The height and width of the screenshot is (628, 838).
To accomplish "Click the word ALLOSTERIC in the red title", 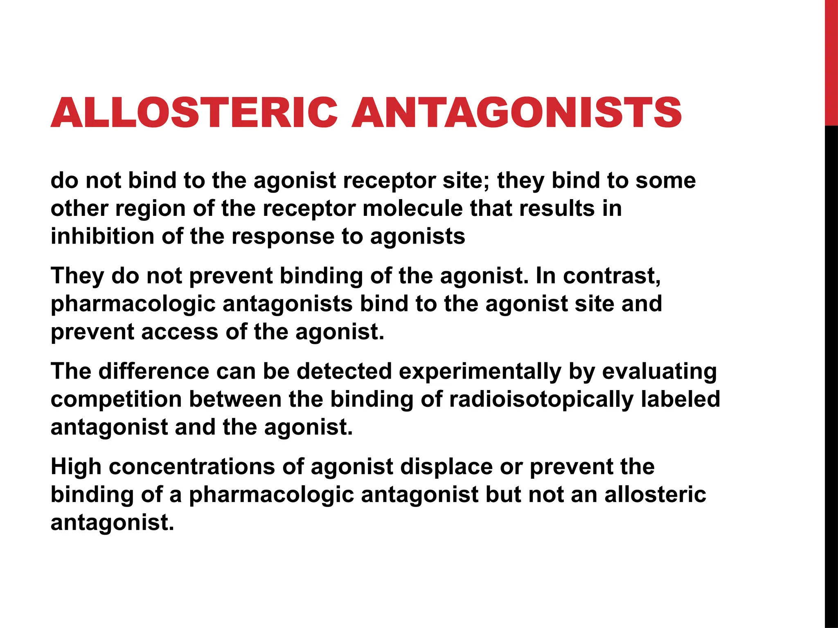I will click(x=194, y=112).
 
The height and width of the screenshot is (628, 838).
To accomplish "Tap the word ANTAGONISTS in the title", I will click(x=516, y=112).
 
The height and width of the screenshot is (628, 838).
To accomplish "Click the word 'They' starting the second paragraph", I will click(x=77, y=276).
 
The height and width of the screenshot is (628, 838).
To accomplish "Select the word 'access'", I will click(x=180, y=332).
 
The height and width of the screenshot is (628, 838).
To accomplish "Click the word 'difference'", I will click(x=153, y=371).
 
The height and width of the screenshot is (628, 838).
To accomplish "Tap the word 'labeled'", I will click(x=680, y=399).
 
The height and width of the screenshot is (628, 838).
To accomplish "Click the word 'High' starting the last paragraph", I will click(x=76, y=467).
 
